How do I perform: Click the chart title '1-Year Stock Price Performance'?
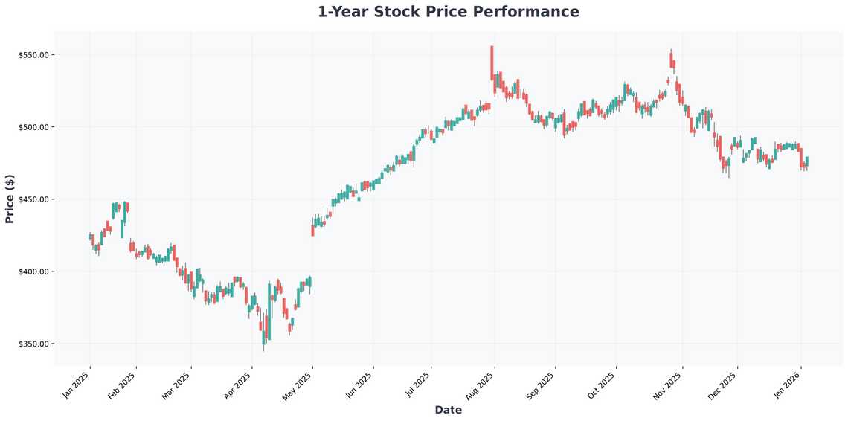[x=448, y=12]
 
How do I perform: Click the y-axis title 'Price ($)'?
[x=10, y=199]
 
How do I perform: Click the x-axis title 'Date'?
[x=448, y=410]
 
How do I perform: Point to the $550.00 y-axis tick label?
[x=33, y=55]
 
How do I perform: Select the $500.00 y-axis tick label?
[x=33, y=127]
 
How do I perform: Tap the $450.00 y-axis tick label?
[x=33, y=199]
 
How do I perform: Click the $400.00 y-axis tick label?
[x=33, y=271]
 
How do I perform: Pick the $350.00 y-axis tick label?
[x=33, y=344]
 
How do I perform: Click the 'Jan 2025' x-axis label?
[x=77, y=385]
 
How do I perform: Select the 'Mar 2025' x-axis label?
[x=178, y=385]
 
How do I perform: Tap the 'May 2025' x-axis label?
[x=298, y=385]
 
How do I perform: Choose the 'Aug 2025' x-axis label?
[x=480, y=385]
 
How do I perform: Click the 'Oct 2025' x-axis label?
[x=602, y=385]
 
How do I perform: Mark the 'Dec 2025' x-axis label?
[x=724, y=385]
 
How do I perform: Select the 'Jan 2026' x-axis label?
[x=787, y=385]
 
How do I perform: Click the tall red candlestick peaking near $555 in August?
[x=492, y=63]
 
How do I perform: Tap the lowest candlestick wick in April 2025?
[x=263, y=347]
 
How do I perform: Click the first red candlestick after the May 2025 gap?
[x=312, y=231]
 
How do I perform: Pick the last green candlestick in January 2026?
[x=807, y=161]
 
